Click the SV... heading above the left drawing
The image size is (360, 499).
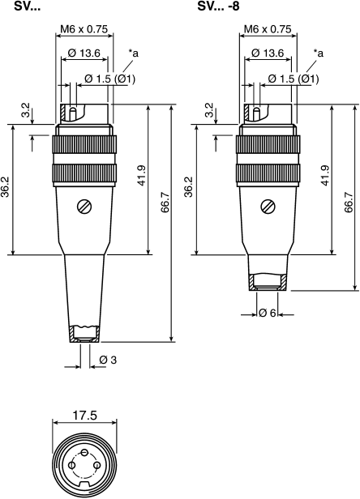27,6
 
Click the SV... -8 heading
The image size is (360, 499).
218,6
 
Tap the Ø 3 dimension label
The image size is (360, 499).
108,360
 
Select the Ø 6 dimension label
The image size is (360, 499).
268,313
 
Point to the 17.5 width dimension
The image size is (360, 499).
84,416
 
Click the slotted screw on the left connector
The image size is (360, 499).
84,207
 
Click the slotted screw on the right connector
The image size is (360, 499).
268,207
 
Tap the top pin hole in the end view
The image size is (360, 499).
84,452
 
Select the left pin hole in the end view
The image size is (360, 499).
72,466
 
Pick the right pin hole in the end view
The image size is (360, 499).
96,466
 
